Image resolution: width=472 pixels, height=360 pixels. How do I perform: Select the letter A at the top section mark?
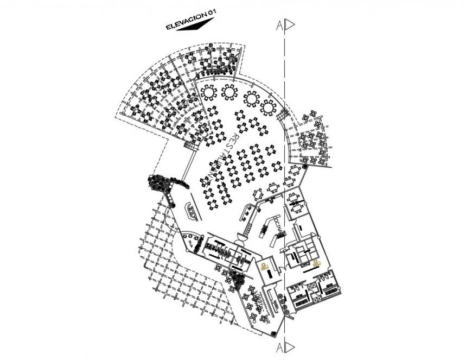click(x=279, y=25)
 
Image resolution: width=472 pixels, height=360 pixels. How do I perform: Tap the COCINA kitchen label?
click(x=277, y=228)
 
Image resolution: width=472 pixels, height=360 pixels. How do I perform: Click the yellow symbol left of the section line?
click(x=264, y=267)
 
